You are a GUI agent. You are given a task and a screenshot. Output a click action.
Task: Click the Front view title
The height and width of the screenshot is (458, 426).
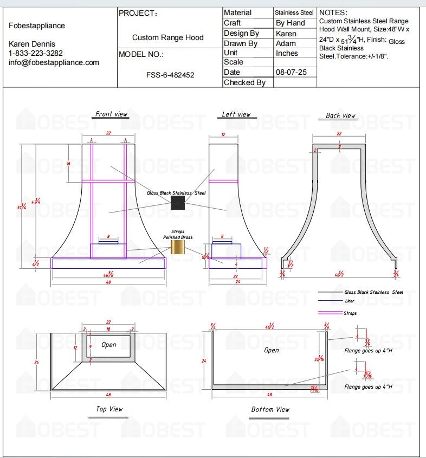111,114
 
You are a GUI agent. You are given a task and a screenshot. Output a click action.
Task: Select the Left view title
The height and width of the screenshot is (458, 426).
236,114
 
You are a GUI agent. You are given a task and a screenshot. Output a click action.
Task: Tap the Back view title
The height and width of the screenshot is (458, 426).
340,115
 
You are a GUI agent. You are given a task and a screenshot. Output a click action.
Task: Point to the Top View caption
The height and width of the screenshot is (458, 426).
109,409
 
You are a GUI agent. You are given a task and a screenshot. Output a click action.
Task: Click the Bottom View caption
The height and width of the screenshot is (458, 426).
270,409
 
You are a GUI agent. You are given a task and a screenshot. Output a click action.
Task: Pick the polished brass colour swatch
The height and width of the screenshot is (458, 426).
178,247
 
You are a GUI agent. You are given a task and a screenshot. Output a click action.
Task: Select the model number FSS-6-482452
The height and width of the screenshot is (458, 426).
170,75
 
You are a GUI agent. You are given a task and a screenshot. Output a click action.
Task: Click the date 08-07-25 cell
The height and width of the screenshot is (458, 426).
291,72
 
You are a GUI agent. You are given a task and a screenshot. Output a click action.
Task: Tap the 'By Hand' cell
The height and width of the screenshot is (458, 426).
291,23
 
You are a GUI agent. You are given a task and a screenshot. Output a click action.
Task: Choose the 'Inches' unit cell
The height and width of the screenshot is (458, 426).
287,53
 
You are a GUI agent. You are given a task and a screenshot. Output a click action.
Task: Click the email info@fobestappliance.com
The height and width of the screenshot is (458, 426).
54,62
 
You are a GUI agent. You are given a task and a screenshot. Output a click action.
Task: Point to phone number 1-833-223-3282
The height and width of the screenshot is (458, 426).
36,53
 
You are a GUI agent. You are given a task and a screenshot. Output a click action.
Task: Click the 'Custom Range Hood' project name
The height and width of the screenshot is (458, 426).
168,37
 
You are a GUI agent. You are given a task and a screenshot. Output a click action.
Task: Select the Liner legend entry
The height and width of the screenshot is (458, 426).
350,301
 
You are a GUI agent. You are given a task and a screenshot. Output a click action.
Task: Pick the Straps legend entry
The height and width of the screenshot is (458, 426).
350,313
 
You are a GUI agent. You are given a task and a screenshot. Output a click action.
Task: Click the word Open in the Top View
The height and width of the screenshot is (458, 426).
109,345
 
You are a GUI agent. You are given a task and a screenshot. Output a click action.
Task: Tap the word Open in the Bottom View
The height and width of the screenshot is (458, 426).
271,350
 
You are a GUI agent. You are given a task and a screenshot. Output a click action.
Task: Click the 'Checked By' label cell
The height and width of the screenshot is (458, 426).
244,82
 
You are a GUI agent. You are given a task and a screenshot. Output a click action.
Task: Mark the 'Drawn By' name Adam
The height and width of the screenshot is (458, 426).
286,43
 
